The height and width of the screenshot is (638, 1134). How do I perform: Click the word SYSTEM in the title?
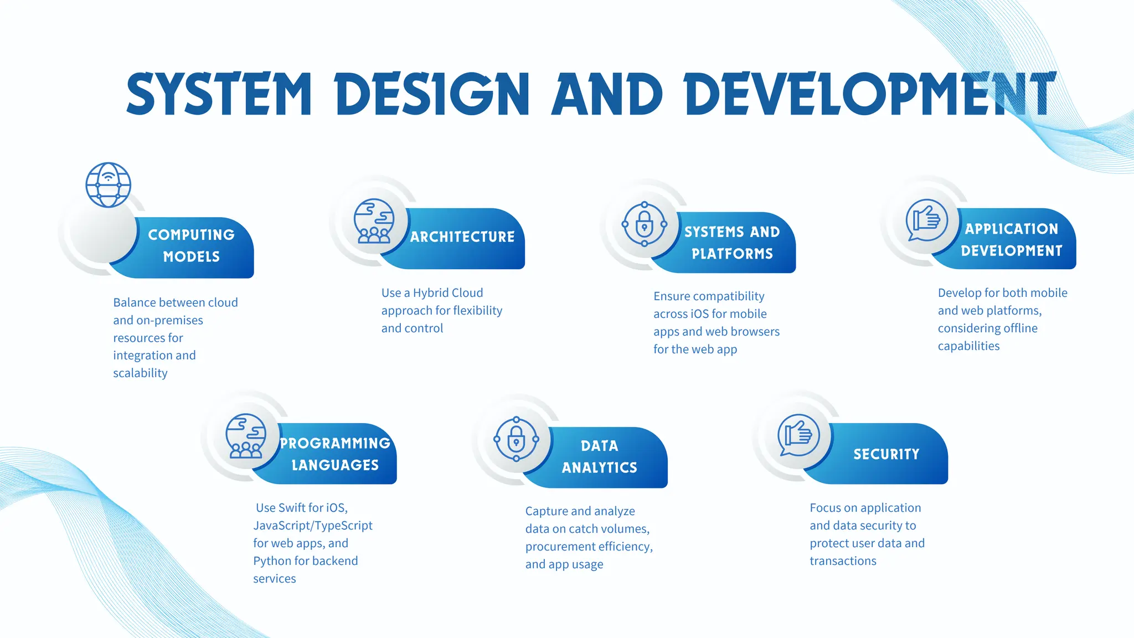point(219,94)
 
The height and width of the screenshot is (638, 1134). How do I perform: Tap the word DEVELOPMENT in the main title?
point(870,94)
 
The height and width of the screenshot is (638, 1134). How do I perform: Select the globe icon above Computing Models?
point(109,185)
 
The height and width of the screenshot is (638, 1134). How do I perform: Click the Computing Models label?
point(192,246)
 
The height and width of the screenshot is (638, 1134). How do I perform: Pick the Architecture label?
point(462,237)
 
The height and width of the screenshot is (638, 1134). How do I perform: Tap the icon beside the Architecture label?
point(374,221)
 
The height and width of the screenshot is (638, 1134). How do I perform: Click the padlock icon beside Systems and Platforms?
point(644,224)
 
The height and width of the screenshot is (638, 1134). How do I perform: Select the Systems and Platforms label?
point(732,243)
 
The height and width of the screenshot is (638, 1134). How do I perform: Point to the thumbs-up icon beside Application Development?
point(926,220)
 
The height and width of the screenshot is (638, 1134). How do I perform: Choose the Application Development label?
point(1012,240)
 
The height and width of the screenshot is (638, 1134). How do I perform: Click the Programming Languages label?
point(335,454)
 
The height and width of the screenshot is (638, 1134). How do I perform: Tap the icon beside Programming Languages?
point(246,436)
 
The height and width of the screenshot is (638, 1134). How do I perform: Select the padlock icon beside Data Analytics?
point(516,439)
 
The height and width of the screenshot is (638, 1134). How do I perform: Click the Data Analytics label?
point(600,457)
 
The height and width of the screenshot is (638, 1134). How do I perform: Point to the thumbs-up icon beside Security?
point(798,435)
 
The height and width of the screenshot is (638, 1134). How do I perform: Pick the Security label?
point(886,455)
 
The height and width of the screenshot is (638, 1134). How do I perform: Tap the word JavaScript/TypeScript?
point(313,526)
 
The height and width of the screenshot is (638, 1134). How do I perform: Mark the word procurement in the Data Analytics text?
point(564,547)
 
